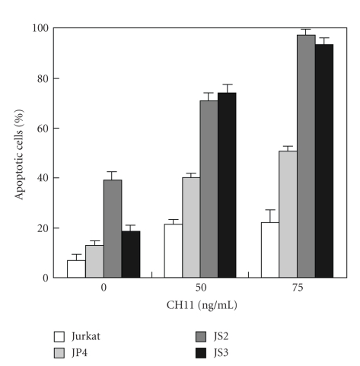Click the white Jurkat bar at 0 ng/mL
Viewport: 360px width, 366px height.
coord(76,269)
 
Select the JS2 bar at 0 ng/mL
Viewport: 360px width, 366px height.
coord(113,229)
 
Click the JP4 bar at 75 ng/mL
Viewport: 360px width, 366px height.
coord(288,215)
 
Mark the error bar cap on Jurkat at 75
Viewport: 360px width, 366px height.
coord(269,210)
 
